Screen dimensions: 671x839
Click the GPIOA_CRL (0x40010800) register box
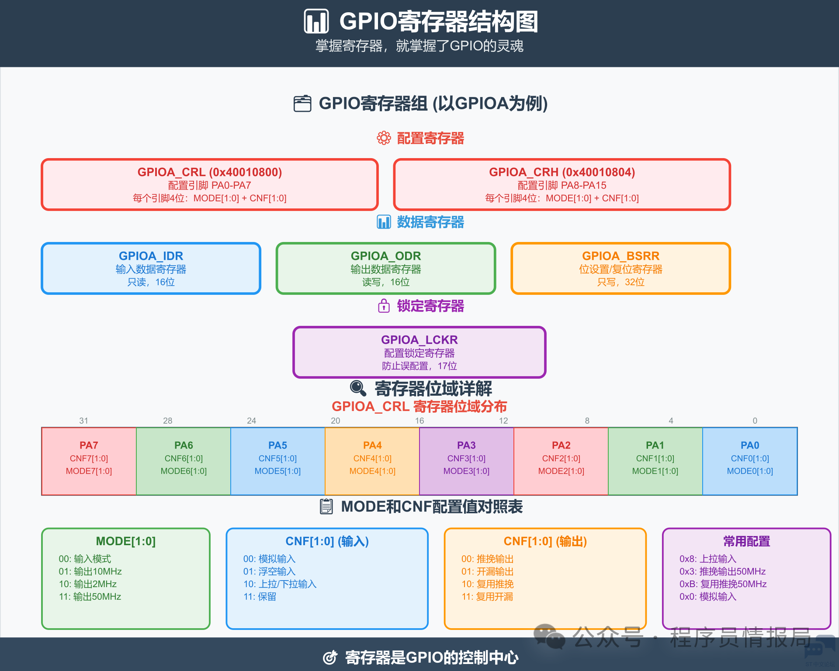(210, 184)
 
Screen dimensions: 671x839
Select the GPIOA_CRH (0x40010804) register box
(562, 184)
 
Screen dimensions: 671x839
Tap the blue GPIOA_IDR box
(151, 268)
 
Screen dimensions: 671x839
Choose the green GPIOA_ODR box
(386, 268)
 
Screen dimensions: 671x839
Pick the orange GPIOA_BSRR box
(621, 268)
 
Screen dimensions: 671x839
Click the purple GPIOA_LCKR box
(419, 352)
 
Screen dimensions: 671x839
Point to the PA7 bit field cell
(89, 461)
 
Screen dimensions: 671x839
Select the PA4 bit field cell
(372, 461)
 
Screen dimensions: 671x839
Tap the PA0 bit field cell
(750, 461)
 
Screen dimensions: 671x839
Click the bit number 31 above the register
(83, 421)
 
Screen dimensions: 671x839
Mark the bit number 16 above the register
(419, 421)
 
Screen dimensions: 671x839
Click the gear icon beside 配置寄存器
(384, 138)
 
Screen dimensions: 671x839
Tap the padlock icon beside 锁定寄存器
(384, 306)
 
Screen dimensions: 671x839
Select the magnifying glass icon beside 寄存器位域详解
(358, 388)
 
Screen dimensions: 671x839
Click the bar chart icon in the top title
(316, 21)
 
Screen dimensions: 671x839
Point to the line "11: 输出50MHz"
(90, 597)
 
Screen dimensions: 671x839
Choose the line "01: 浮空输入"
(269, 571)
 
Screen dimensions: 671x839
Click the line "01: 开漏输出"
(487, 571)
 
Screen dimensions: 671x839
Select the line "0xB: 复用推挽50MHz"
(723, 584)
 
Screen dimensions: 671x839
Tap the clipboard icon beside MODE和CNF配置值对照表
(326, 506)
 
